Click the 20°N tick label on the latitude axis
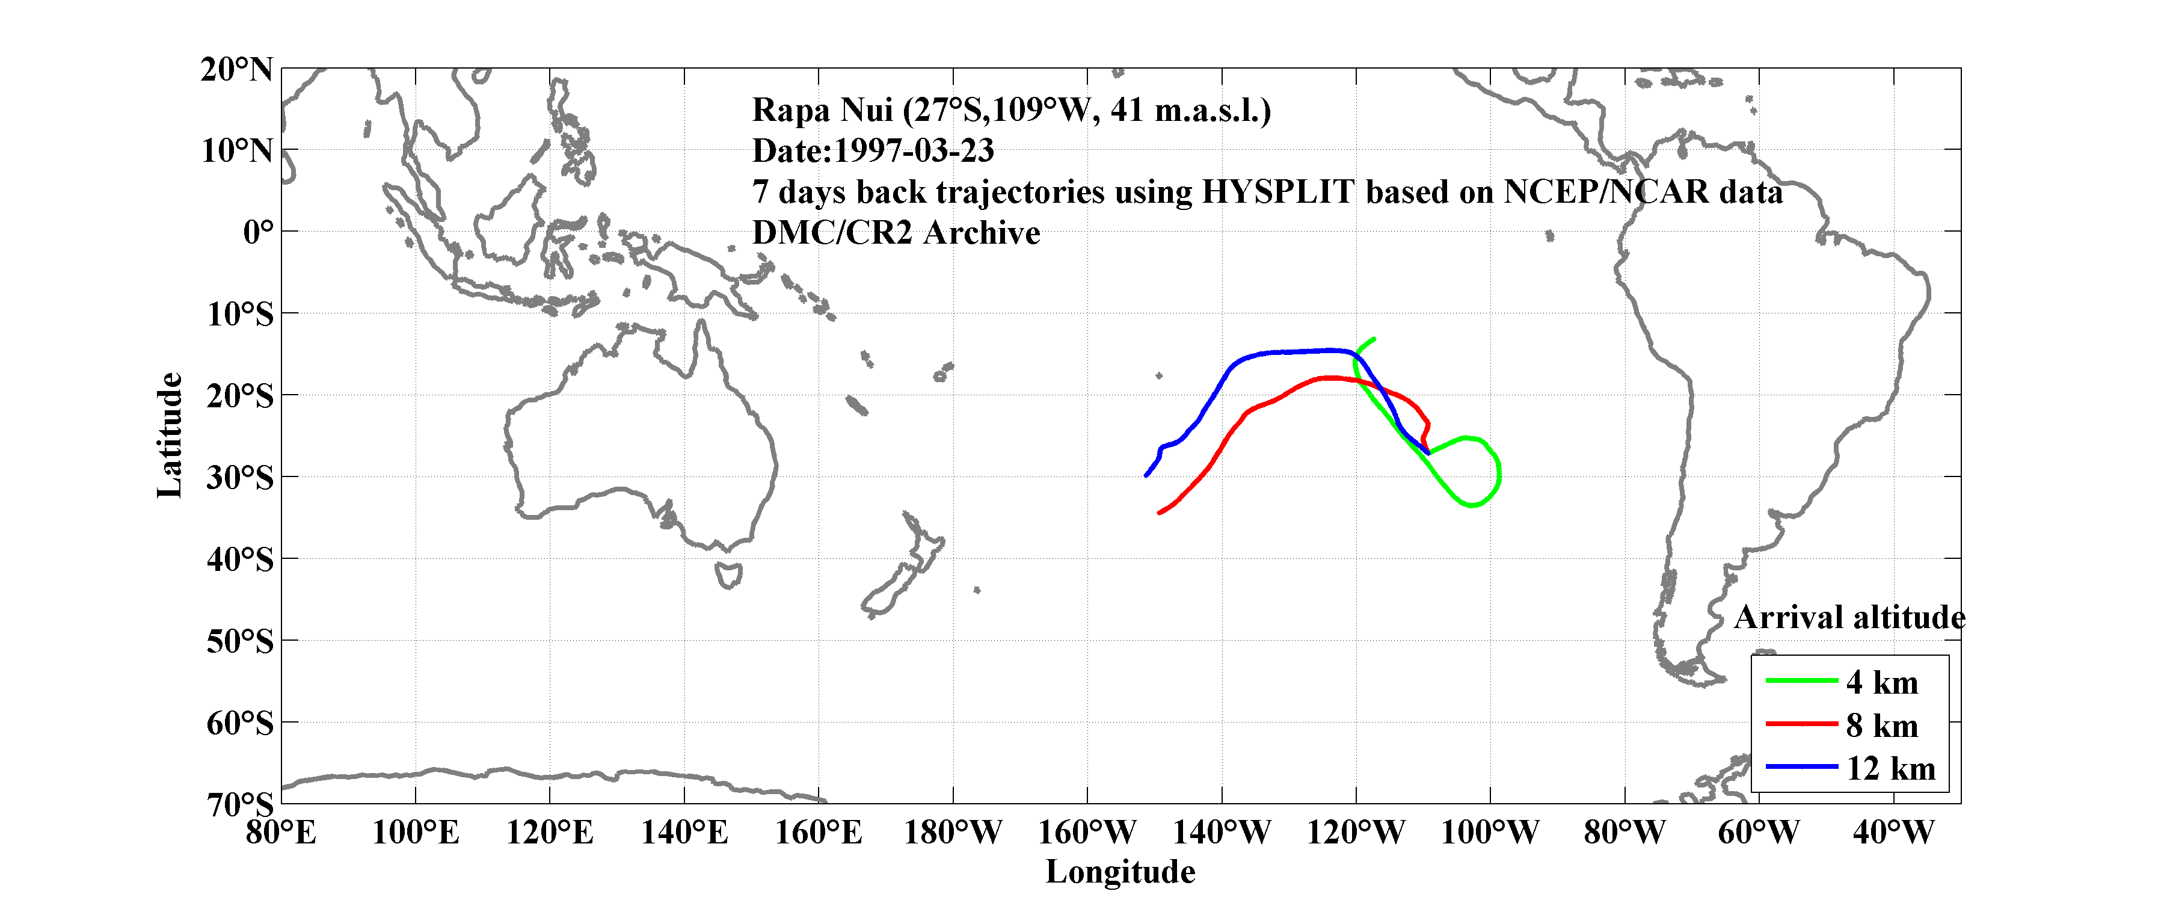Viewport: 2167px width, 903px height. click(x=236, y=70)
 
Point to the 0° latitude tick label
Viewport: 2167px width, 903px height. click(x=257, y=232)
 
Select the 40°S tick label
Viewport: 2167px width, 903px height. click(x=240, y=559)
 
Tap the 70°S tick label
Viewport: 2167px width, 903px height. click(x=240, y=804)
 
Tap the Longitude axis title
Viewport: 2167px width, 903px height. click(x=1120, y=872)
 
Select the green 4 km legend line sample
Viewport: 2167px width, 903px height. click(x=1801, y=680)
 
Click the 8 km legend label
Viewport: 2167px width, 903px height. click(x=1882, y=726)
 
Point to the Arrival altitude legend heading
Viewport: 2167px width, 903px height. click(x=1849, y=618)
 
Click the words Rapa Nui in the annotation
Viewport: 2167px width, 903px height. click(x=822, y=110)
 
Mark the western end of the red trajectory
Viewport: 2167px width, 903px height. click(x=1159, y=513)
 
